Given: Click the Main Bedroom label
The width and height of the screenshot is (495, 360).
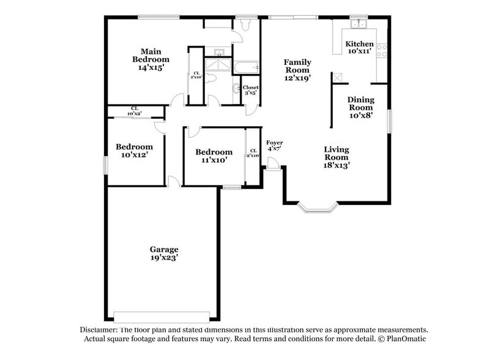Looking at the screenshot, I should point(151,59).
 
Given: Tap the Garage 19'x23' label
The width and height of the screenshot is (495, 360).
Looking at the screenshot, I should point(164,253).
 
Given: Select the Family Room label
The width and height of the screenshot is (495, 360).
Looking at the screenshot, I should point(297,70).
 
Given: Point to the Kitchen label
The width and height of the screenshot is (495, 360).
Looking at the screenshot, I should point(359,48).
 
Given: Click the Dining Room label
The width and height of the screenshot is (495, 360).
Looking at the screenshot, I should point(360,107).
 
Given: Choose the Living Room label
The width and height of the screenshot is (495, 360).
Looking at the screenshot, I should point(336,157).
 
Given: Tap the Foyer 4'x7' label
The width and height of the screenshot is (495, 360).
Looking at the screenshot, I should point(274,146).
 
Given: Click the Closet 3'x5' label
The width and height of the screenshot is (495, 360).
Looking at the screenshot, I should point(250,91).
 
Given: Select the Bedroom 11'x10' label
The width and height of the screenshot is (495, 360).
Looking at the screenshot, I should point(214,156).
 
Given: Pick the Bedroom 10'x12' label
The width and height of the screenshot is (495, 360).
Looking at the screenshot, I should point(134,151).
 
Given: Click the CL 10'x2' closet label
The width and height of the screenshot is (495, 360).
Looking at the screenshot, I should point(134,111).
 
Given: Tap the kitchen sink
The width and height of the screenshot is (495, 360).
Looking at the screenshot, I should point(358,24).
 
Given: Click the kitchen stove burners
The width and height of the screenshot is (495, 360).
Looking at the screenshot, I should point(382,51).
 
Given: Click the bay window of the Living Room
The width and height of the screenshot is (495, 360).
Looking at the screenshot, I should point(317,208).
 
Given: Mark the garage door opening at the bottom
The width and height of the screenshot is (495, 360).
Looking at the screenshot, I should point(165,317).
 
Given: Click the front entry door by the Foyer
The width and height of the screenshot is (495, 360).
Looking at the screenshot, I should point(274,163).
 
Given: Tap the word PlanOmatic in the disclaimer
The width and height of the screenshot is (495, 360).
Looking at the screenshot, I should point(406,339).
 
